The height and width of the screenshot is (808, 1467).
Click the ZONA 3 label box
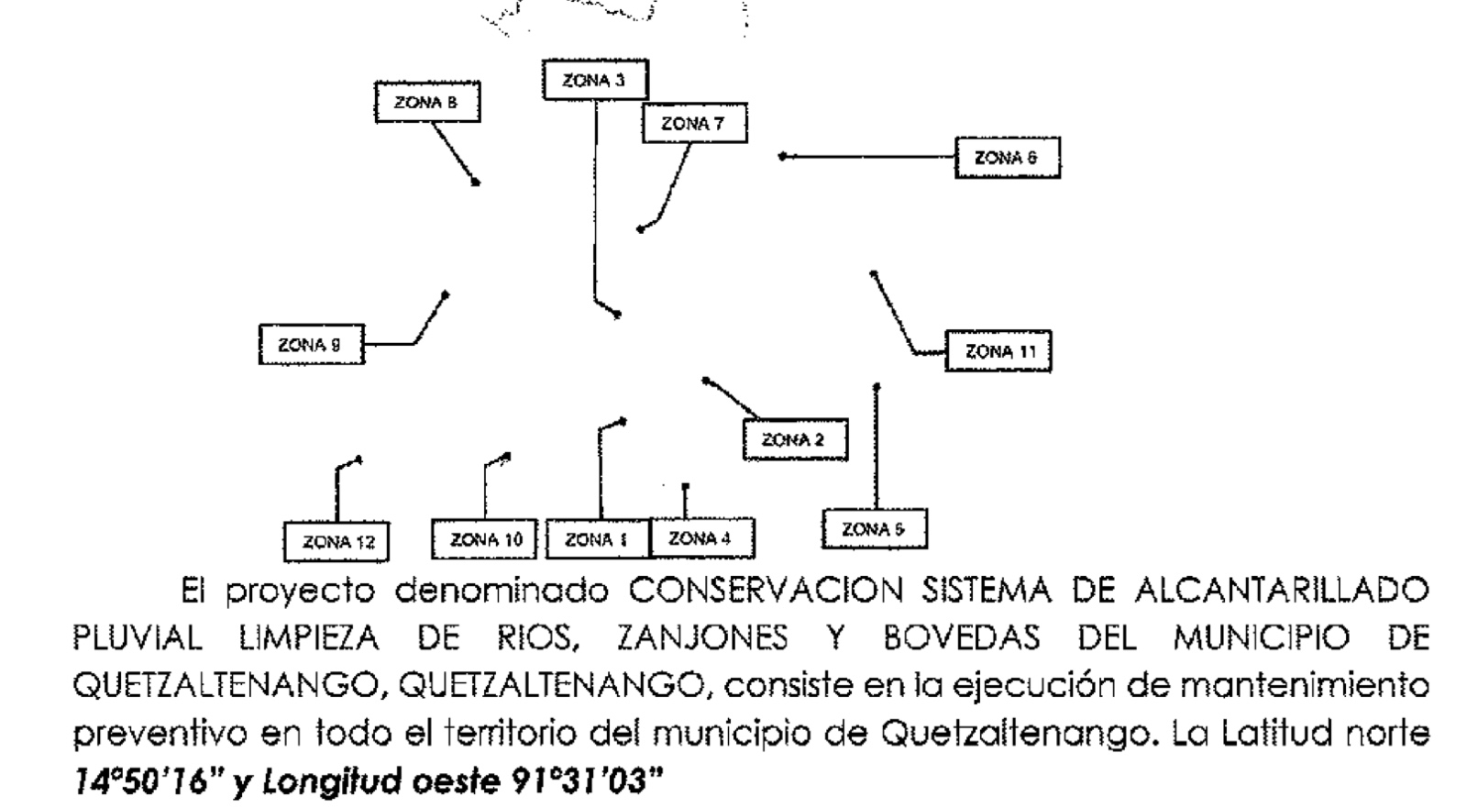point(595,80)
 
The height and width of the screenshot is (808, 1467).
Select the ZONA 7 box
point(694,123)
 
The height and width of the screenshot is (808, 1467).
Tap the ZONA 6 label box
point(1008,158)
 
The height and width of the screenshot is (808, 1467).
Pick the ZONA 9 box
point(311,345)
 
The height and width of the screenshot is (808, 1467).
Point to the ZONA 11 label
point(998,351)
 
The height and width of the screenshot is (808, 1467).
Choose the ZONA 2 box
point(795,439)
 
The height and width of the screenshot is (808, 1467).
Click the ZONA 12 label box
point(336,542)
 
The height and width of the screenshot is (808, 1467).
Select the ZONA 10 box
point(484,539)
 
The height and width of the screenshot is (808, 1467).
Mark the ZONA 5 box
point(875,529)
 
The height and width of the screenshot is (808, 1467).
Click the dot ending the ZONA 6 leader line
point(782,156)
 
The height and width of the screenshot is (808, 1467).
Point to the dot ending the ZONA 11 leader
point(873,273)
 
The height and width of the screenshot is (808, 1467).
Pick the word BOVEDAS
point(962,639)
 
